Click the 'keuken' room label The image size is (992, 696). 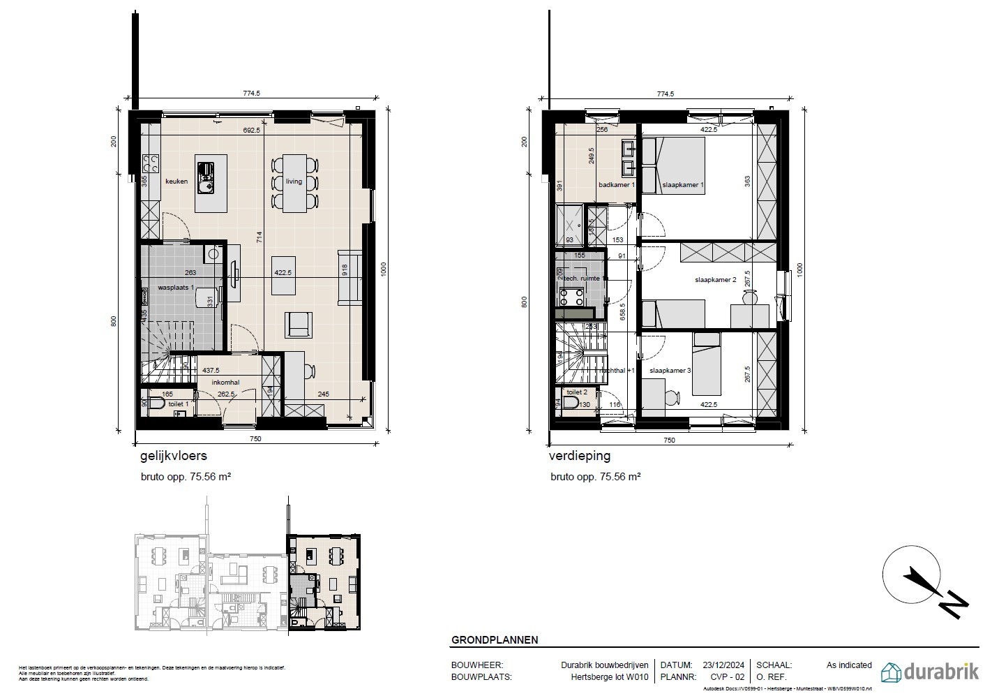(176, 182)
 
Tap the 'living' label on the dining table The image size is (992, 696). (294, 182)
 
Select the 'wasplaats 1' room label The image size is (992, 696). (175, 288)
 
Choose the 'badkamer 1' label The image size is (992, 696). (617, 185)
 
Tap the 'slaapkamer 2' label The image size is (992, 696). (715, 280)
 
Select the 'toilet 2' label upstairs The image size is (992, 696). (576, 393)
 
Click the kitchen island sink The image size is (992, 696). (207, 177)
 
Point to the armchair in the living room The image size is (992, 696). (298, 323)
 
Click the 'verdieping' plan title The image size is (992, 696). (580, 457)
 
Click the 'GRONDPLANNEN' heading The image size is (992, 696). (495, 639)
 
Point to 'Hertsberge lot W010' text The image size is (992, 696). (610, 677)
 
